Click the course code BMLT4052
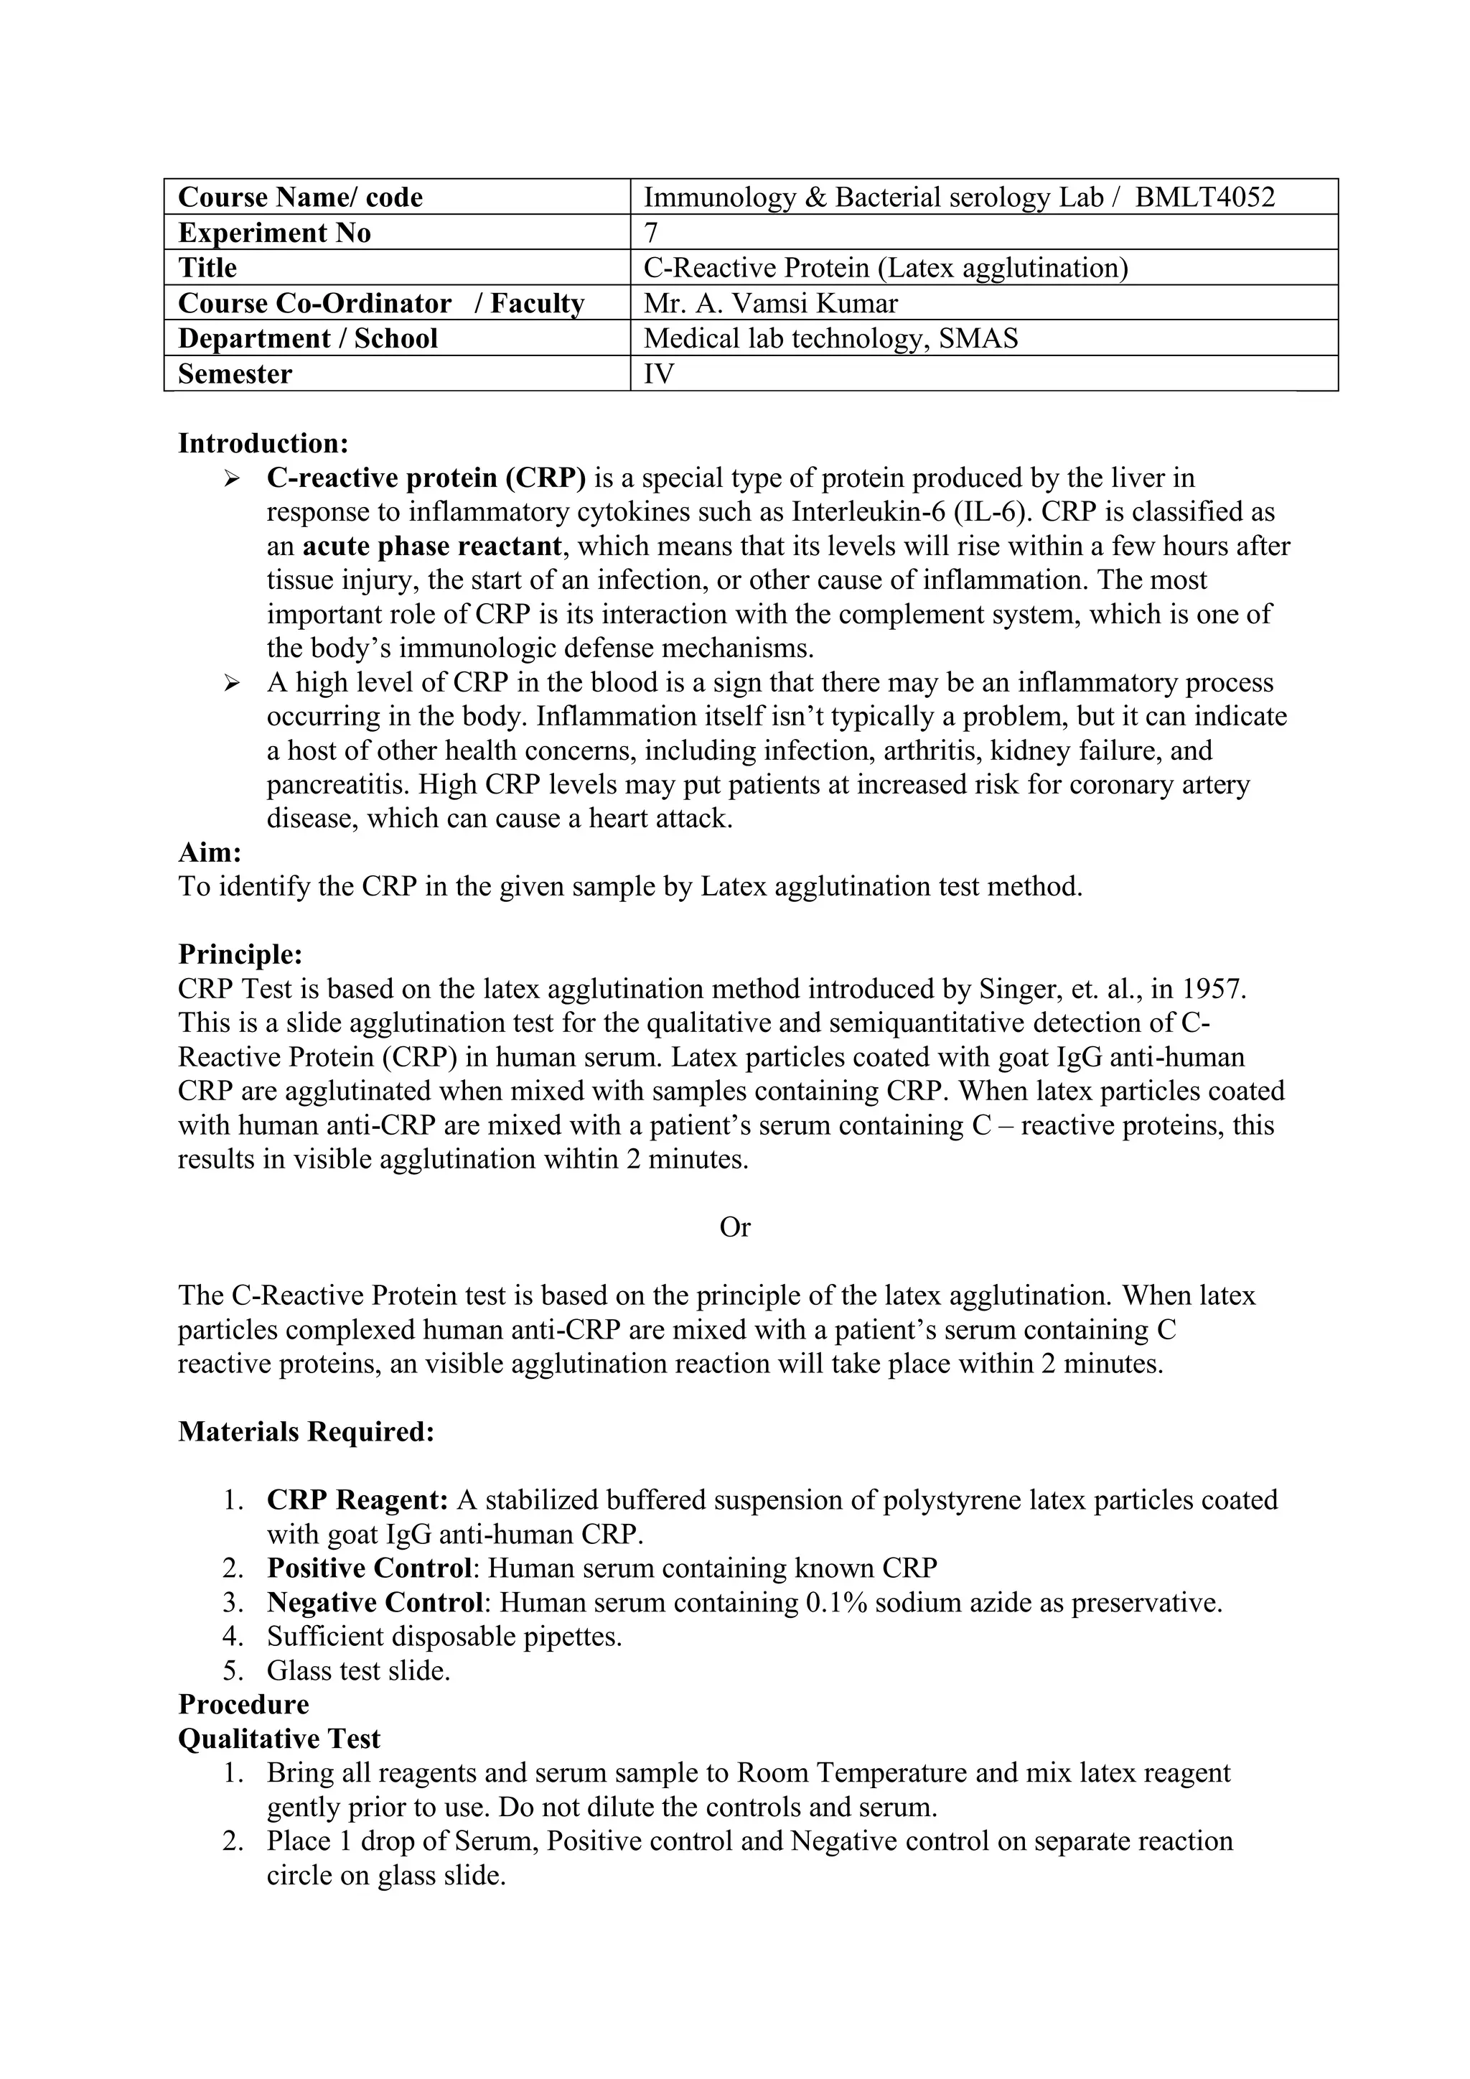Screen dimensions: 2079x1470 (1205, 197)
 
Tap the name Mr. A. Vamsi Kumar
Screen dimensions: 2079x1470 (770, 303)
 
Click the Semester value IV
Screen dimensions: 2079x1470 (658, 374)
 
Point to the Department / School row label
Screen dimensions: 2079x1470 (308, 339)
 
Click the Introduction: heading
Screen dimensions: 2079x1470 (263, 444)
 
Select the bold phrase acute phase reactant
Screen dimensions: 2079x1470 (432, 547)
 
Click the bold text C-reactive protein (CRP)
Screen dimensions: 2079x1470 (426, 478)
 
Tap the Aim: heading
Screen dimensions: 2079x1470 (210, 852)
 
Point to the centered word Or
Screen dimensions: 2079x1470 (734, 1227)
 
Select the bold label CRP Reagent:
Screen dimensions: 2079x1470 (357, 1500)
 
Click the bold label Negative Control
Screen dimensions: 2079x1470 (374, 1603)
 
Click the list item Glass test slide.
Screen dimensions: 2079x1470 (358, 1670)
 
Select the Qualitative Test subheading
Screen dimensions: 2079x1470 (278, 1739)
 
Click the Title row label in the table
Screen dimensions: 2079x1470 (207, 268)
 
